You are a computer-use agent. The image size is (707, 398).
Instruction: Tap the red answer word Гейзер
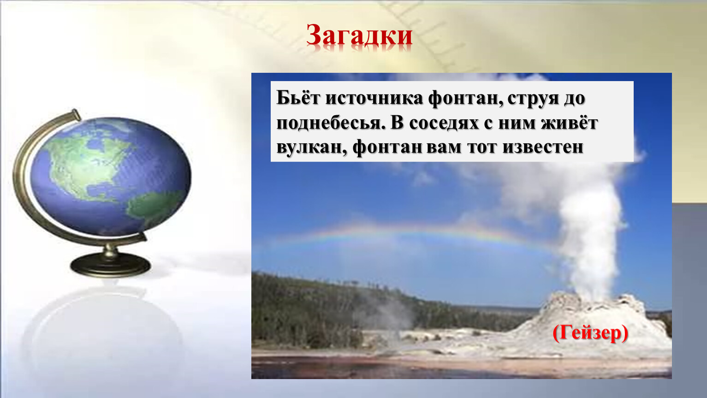pyautogui.click(x=590, y=333)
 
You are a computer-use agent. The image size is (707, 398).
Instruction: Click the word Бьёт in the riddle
pyautogui.click(x=298, y=98)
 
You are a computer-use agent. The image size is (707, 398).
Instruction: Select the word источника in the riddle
pyautogui.click(x=374, y=99)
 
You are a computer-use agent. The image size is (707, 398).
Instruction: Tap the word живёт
pyautogui.click(x=570, y=123)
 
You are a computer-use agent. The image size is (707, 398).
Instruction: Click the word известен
pyautogui.click(x=543, y=147)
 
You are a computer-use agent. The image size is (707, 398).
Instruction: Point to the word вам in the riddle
pyautogui.click(x=444, y=147)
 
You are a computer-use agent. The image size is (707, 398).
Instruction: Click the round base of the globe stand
pyautogui.click(x=111, y=265)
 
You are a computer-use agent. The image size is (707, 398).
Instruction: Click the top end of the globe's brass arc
pyautogui.click(x=76, y=113)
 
